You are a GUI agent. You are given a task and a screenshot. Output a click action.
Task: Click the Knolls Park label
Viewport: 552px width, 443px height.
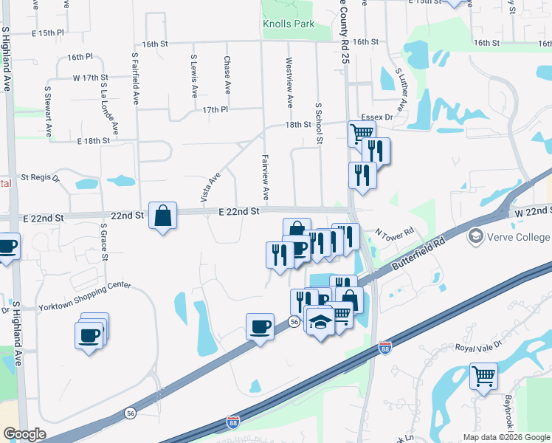coord(289,24)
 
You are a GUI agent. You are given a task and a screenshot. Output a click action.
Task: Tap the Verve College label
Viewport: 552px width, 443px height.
coord(518,237)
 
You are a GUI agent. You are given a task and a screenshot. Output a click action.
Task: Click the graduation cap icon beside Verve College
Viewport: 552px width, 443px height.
coord(475,237)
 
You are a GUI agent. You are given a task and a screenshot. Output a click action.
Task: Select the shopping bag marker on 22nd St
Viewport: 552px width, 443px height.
coord(162,216)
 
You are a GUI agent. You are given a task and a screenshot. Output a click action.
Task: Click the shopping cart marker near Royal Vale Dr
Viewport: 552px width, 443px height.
coord(483,376)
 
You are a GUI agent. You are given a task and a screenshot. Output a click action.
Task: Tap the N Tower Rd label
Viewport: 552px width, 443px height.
coord(390,232)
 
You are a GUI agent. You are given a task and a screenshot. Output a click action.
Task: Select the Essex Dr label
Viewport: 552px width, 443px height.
coord(376,117)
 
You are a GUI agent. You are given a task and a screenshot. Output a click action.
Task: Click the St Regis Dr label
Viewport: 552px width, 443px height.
coord(40,177)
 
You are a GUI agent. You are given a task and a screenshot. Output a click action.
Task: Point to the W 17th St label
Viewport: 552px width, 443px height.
coord(90,78)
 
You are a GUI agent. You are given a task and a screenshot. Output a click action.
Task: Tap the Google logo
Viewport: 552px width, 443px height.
coord(25,434)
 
